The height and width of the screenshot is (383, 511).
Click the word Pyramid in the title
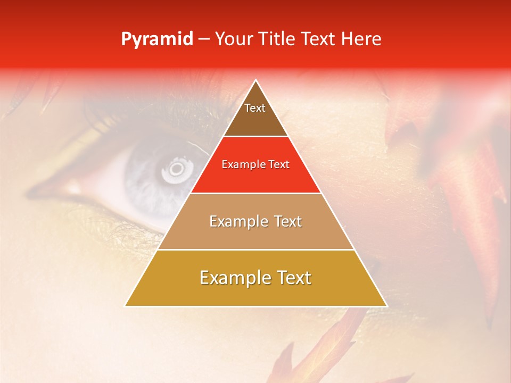[157, 39]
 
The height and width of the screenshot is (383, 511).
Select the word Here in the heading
[362, 39]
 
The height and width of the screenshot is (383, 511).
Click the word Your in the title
[234, 39]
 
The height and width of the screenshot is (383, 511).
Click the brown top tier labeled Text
[255, 114]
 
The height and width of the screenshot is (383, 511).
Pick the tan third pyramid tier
[256, 234]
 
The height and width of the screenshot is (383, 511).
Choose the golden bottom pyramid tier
[256, 293]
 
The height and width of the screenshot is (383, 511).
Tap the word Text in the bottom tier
[292, 278]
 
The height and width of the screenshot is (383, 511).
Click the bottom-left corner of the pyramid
[126, 306]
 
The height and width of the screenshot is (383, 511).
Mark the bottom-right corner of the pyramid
[386, 306]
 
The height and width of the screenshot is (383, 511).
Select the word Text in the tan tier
[287, 221]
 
